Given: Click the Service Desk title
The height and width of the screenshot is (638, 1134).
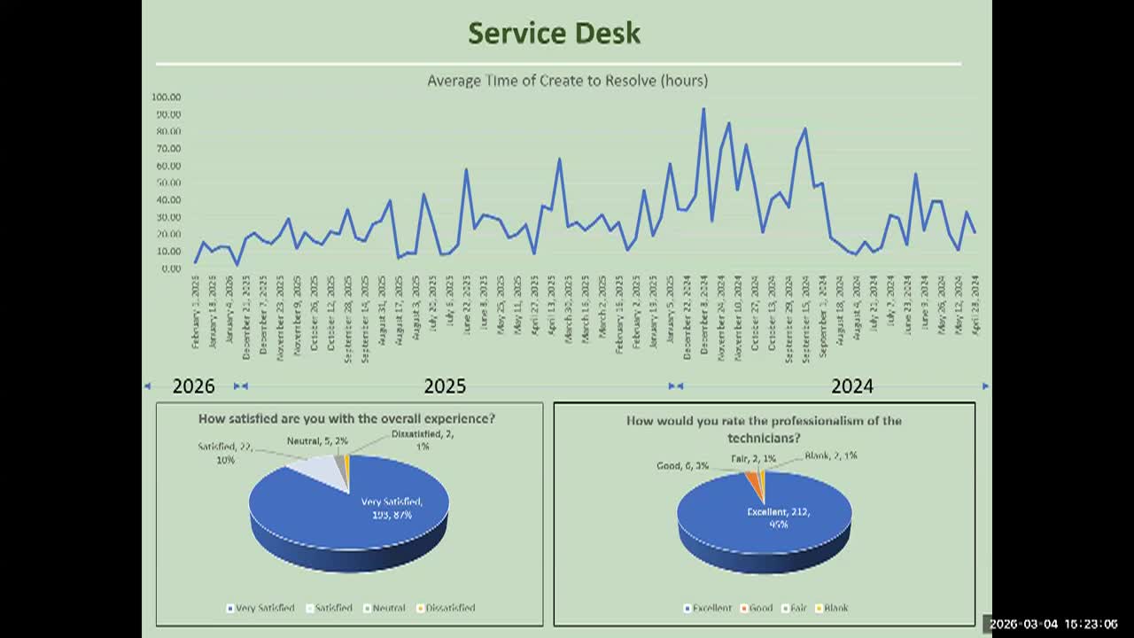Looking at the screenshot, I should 554,34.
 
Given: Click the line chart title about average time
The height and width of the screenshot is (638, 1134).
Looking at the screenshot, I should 567,81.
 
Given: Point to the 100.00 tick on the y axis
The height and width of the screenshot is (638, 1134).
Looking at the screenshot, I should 167,97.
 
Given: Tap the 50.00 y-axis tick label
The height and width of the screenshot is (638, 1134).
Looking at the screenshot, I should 167,183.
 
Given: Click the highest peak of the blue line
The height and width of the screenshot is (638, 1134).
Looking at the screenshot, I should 703,110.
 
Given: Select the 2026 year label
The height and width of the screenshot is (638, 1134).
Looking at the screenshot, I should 193,386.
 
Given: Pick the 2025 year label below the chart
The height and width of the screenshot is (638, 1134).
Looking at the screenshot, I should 445,386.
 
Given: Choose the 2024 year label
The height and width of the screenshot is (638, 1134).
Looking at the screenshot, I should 852,386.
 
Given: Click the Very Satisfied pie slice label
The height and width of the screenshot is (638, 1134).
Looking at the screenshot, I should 392,508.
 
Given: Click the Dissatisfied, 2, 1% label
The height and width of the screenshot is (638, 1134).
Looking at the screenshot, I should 423,440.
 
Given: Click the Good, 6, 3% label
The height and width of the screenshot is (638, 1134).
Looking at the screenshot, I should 682,466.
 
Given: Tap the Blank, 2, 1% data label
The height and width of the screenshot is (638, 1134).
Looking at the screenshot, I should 831,455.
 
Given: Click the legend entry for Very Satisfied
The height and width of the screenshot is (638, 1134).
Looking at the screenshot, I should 262,608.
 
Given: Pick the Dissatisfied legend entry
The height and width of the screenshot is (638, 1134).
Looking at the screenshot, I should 449,608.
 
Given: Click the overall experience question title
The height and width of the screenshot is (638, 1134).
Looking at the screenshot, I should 346,418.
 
